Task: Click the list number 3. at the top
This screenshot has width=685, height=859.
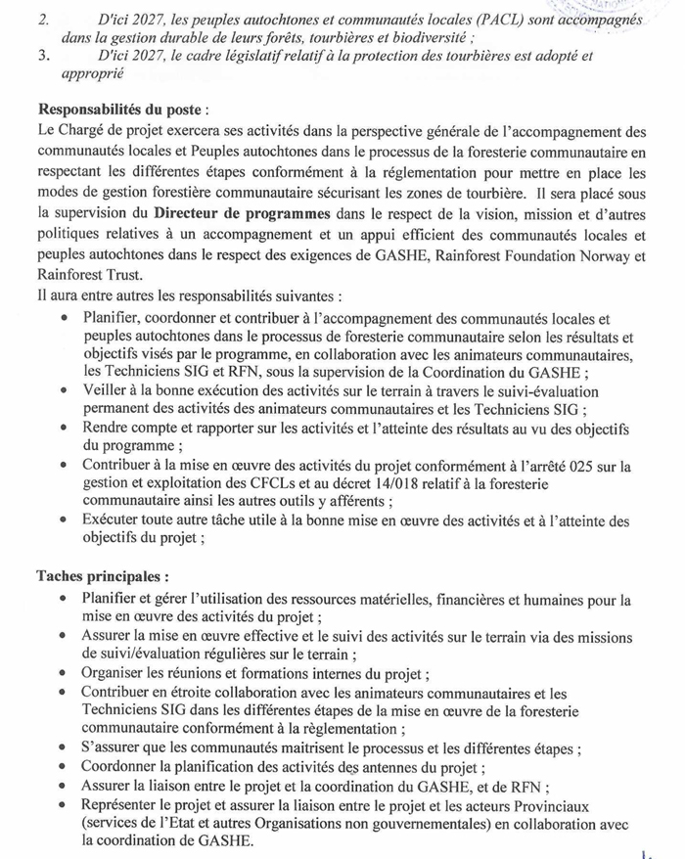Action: [44, 56]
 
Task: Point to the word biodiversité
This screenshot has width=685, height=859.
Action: [419, 37]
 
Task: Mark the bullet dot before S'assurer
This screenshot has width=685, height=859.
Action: [64, 749]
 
